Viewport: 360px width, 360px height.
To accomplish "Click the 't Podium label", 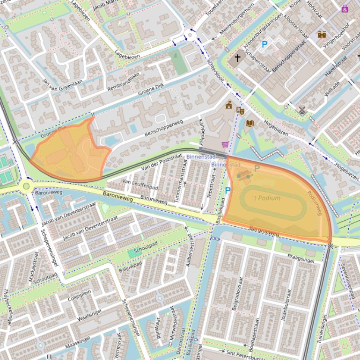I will point(267,198).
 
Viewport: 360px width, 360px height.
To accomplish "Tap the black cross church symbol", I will point(237,58).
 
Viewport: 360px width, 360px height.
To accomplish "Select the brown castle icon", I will point(322,34).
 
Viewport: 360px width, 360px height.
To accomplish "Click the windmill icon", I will point(302,110).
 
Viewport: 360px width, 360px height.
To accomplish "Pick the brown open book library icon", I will point(250,123).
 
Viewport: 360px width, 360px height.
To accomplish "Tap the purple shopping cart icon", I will point(225,144).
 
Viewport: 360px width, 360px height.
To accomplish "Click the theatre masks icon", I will point(241,110).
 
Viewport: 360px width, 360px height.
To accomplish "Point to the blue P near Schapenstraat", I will point(264,44).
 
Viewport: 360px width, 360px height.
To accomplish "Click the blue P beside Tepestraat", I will point(228,190).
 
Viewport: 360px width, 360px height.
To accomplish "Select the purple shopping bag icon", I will point(345,8).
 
